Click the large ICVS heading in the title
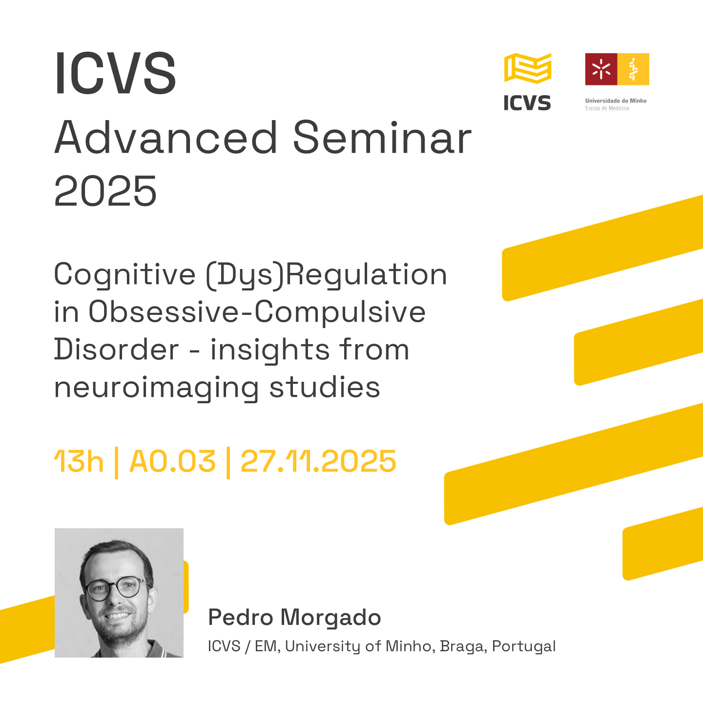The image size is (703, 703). pos(115,73)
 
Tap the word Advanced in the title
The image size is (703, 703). pos(166,138)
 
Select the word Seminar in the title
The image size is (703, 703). pos(382,138)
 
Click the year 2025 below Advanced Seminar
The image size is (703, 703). pos(105,191)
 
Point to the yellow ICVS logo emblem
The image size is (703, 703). pos(528,68)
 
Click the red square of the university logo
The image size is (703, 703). pos(601,69)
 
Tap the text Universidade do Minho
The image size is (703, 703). pos(616,101)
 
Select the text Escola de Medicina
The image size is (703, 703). pos(607,108)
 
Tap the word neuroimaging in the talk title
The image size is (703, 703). pos(157,388)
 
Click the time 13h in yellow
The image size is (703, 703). pos(79,461)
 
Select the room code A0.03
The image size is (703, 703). pos(172,461)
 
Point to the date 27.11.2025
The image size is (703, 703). pos(318,461)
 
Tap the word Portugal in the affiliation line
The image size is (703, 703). pos(524,646)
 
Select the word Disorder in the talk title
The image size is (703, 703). pos(117,350)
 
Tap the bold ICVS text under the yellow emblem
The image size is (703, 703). pos(527,103)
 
